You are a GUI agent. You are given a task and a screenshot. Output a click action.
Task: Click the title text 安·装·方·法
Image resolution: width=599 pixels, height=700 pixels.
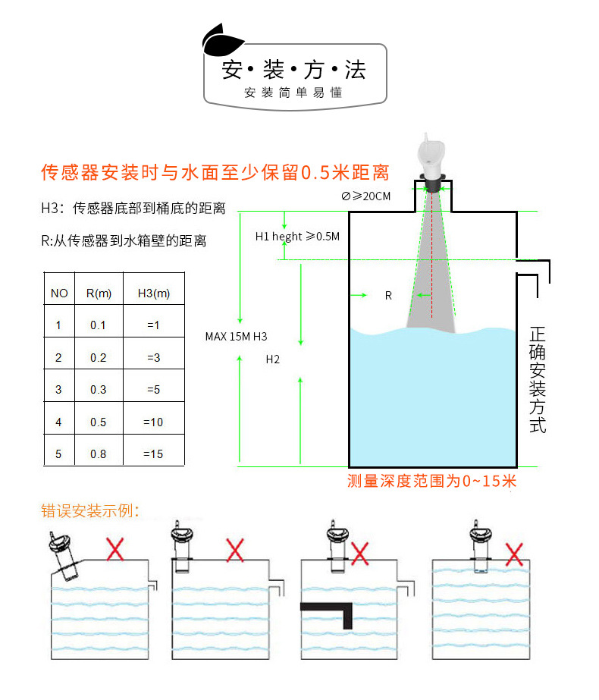[x=293, y=71]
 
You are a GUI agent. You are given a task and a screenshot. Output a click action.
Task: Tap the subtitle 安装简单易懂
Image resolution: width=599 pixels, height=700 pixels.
[x=293, y=93]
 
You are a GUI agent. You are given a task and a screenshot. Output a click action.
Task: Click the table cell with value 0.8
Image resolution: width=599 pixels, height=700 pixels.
[x=99, y=454]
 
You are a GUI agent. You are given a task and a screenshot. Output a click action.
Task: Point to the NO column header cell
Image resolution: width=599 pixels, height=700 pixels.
[x=59, y=293]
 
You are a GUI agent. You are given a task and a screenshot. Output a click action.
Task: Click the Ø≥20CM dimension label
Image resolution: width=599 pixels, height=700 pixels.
[x=366, y=196]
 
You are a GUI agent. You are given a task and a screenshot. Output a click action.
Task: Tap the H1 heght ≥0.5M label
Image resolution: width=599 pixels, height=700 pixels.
[x=297, y=237]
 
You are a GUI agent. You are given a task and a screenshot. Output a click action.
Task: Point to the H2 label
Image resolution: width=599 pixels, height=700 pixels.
[x=273, y=359]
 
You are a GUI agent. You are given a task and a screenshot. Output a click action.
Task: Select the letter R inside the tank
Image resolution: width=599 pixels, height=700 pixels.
[x=388, y=296]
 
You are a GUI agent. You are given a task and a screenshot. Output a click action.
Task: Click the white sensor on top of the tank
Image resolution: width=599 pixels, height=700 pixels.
[x=433, y=158]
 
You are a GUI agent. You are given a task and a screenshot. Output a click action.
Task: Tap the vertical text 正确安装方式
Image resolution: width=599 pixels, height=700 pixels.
[x=538, y=379]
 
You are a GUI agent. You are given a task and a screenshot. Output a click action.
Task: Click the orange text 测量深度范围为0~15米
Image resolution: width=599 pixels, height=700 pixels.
[x=431, y=481]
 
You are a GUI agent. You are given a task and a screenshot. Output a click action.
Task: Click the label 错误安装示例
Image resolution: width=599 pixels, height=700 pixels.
[x=90, y=510]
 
